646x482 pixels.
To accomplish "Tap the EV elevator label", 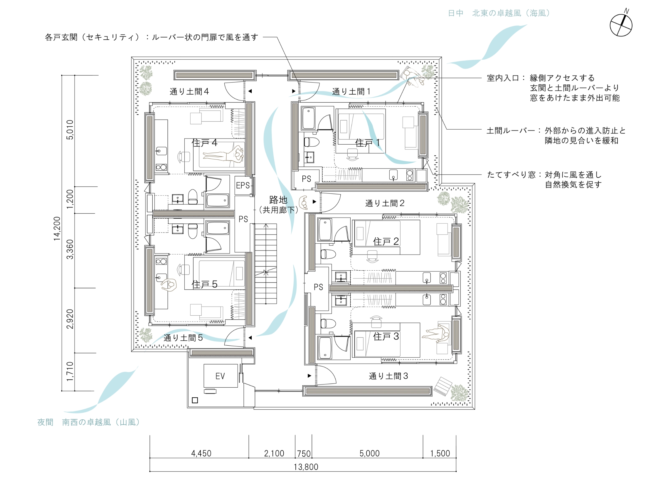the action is coord(220,376).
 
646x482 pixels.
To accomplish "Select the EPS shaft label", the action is coord(243,185).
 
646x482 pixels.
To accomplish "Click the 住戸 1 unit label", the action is coord(368,143).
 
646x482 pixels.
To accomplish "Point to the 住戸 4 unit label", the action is coord(204,143).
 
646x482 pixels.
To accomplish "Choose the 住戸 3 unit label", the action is coord(386,336).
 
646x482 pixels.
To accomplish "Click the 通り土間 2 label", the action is coord(385,203).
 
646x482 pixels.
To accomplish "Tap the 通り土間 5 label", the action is coord(183,338).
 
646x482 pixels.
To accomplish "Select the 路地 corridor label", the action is coord(278,200).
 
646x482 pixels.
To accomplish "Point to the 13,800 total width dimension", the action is coord(306,467).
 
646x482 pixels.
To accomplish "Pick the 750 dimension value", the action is coord(304,453).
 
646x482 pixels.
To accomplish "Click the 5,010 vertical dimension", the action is coord(70,130).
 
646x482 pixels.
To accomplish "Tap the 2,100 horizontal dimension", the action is coord(274,453).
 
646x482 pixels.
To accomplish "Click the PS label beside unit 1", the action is coord(306,179).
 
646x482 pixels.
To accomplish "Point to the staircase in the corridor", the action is coord(266,264).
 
